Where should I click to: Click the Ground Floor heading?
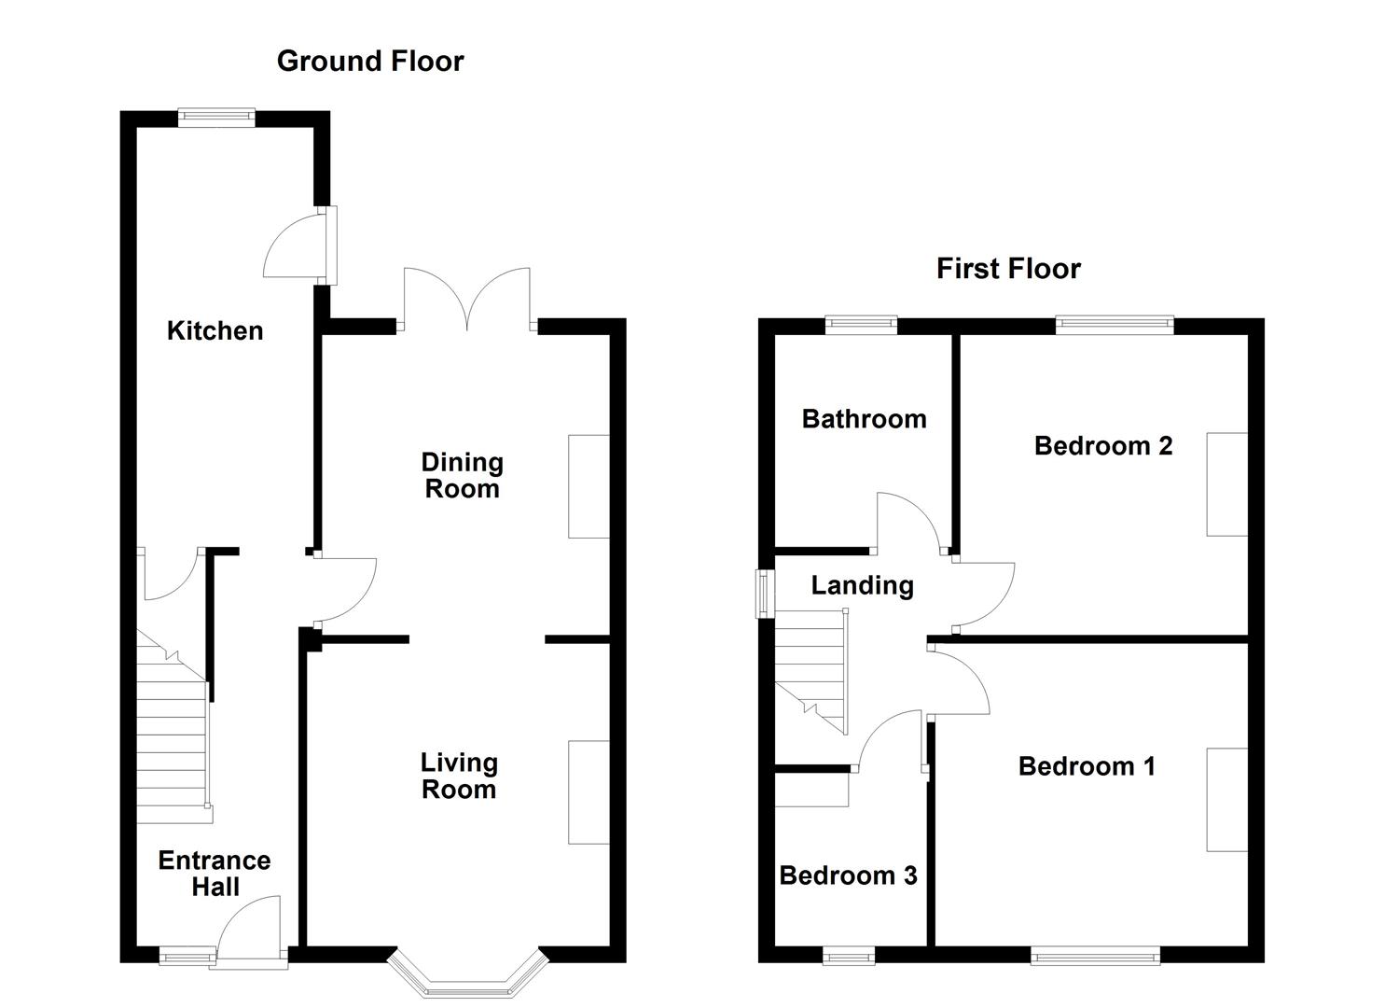[370, 62]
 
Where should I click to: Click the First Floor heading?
[1008, 269]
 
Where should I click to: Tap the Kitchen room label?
[215, 330]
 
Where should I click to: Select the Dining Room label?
[462, 475]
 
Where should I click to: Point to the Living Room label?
[459, 776]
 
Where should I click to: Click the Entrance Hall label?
[215, 874]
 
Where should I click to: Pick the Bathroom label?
[864, 419]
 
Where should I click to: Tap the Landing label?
[862, 585]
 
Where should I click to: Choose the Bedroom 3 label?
[848, 875]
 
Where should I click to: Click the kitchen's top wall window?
[216, 117]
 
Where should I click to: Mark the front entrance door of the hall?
[250, 929]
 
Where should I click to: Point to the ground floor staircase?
[173, 737]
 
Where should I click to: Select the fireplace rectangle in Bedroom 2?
[1226, 484]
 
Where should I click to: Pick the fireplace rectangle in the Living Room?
[589, 792]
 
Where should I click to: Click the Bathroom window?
[861, 326]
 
